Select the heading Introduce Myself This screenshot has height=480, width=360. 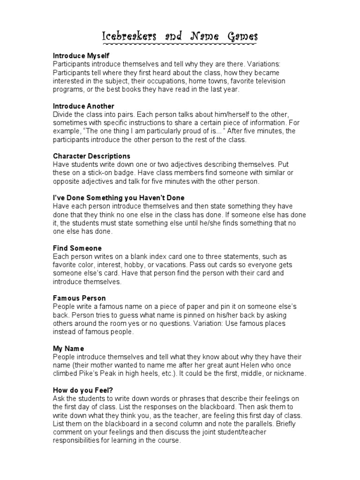(x=81, y=55)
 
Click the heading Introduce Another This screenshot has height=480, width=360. (x=83, y=106)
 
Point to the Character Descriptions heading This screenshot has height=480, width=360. (x=91, y=156)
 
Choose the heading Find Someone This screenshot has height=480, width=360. (x=77, y=248)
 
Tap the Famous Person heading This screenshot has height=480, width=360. (x=79, y=298)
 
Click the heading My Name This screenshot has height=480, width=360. (x=68, y=349)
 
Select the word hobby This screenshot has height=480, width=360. (x=139, y=265)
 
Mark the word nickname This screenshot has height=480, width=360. (x=291, y=374)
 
